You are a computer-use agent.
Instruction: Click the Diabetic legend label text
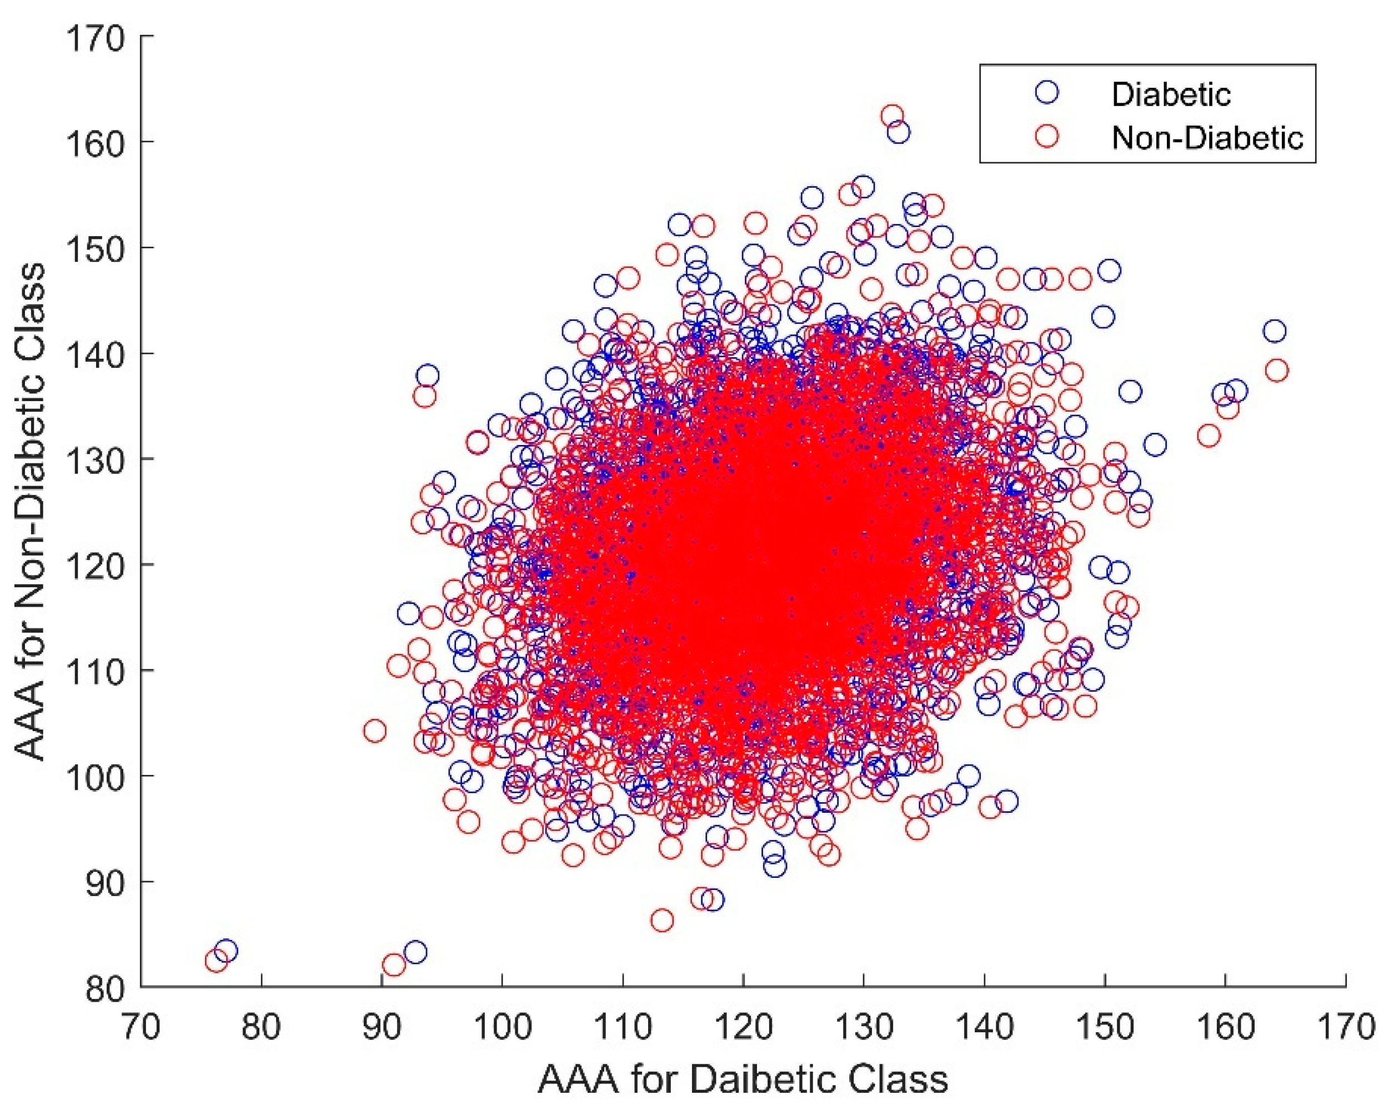pyautogui.click(x=1170, y=94)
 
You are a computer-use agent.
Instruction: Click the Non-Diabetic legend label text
pyautogui.click(x=1207, y=137)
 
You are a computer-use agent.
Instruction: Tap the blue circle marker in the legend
pyautogui.click(x=1046, y=92)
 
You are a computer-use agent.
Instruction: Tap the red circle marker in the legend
pyautogui.click(x=1046, y=136)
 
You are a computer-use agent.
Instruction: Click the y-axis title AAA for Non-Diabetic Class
pyautogui.click(x=31, y=512)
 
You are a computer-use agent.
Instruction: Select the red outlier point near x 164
pyautogui.click(x=1277, y=371)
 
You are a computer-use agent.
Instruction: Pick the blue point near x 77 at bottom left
pyautogui.click(x=225, y=951)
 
